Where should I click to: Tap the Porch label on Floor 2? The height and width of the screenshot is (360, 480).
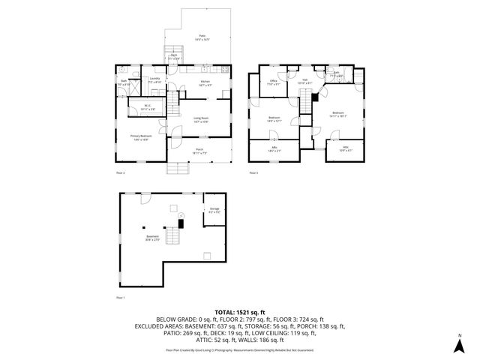pos(200,151)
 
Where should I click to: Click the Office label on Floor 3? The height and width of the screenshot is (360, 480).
pos(274,82)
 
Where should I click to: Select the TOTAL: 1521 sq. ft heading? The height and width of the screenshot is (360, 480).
pos(240,311)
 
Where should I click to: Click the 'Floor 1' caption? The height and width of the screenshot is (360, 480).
pos(120,298)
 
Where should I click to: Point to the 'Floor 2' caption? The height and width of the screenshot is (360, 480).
pos(120,174)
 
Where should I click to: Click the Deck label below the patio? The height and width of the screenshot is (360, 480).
pos(174,56)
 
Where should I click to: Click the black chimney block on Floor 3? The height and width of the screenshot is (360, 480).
pos(316,97)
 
